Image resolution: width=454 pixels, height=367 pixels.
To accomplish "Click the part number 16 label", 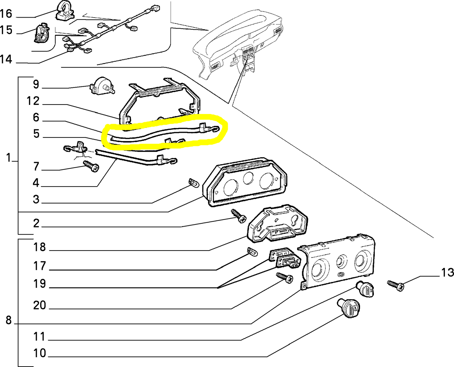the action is click(x=6, y=14).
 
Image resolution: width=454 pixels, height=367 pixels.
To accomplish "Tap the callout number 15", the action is click(x=6, y=30).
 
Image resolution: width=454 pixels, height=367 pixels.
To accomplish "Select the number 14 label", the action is click(x=6, y=59).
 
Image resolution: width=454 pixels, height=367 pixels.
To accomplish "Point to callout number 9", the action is click(x=36, y=84).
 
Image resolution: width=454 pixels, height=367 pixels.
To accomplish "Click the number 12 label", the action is click(x=33, y=101).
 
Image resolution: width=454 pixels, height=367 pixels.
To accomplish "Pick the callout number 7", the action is click(x=36, y=167).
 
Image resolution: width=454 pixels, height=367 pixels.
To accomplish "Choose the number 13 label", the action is click(x=447, y=273).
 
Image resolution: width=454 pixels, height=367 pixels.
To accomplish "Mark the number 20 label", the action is click(x=40, y=305).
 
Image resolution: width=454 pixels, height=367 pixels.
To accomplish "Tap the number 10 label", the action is click(x=40, y=353).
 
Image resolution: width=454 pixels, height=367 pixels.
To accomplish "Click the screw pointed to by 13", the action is click(x=396, y=285).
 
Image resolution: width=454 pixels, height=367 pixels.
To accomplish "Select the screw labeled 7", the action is click(x=91, y=166).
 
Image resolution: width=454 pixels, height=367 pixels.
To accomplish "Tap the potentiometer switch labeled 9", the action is click(x=102, y=86).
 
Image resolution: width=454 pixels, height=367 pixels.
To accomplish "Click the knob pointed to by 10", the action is click(x=349, y=308).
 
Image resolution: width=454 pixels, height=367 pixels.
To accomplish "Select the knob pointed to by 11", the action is click(x=365, y=289).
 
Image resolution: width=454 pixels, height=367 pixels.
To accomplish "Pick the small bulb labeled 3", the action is click(x=194, y=183).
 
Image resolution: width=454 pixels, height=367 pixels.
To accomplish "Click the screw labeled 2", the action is click(x=239, y=216).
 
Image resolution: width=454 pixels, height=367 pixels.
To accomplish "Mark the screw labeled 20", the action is click(x=285, y=278).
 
